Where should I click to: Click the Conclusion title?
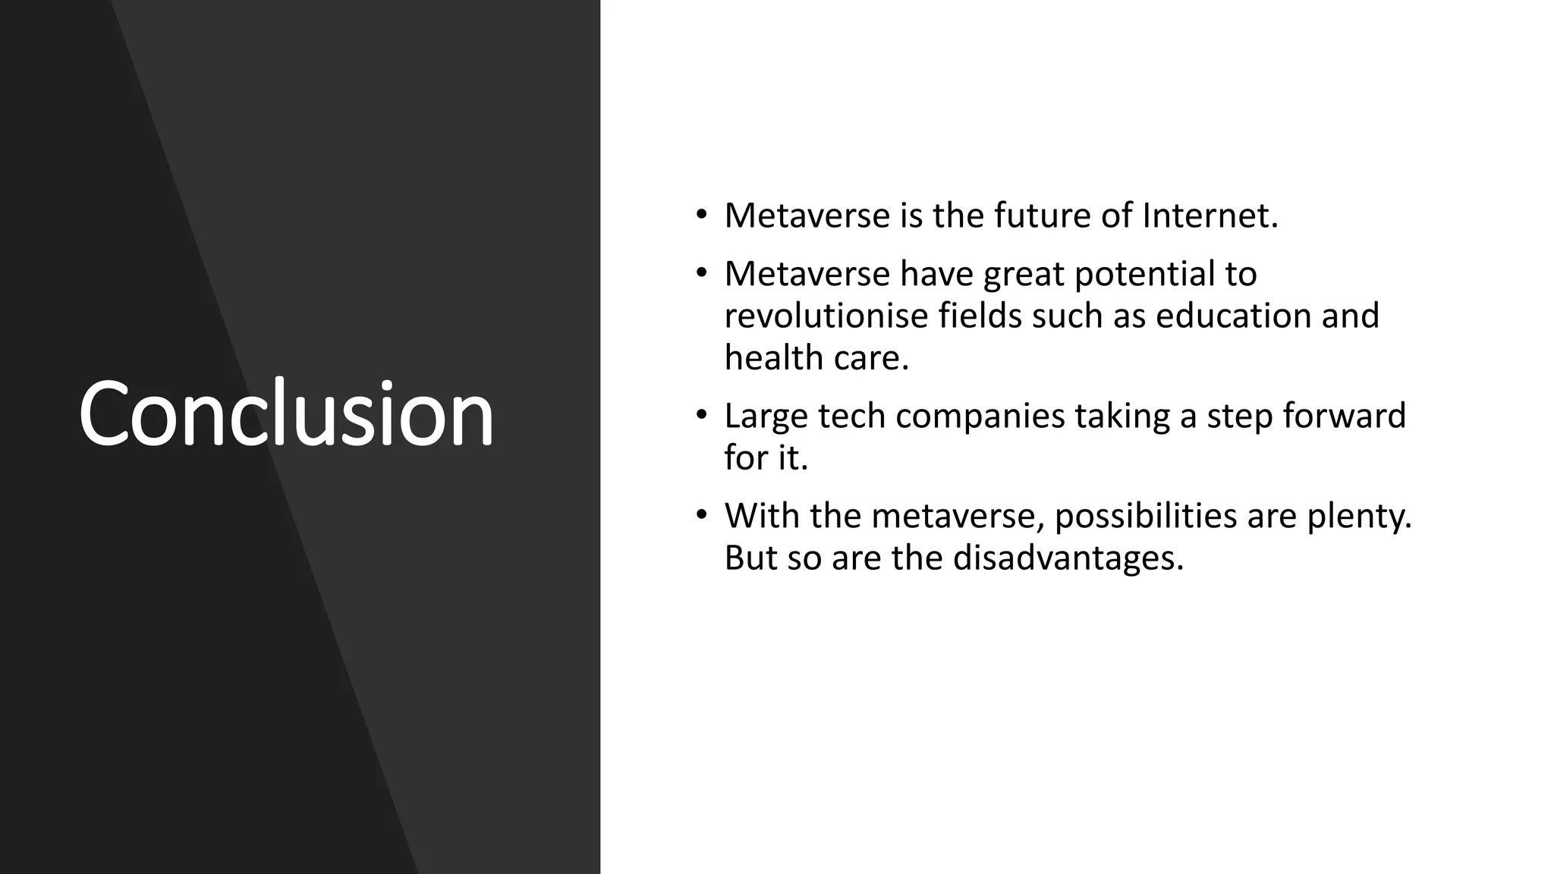pos(286,414)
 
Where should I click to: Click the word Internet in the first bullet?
pos(1210,215)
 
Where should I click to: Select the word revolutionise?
pos(826,316)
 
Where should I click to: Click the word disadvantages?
pos(1068,558)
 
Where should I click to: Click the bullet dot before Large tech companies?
pos(702,415)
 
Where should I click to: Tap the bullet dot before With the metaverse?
pos(702,515)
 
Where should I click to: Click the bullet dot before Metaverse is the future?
pos(702,215)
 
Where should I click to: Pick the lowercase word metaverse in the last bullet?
pos(958,516)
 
